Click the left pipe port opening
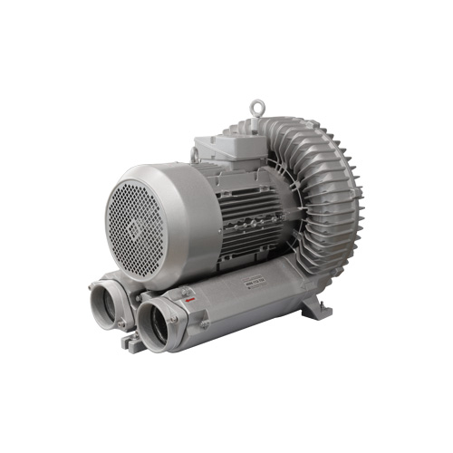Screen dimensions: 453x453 pyautogui.click(x=107, y=304)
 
